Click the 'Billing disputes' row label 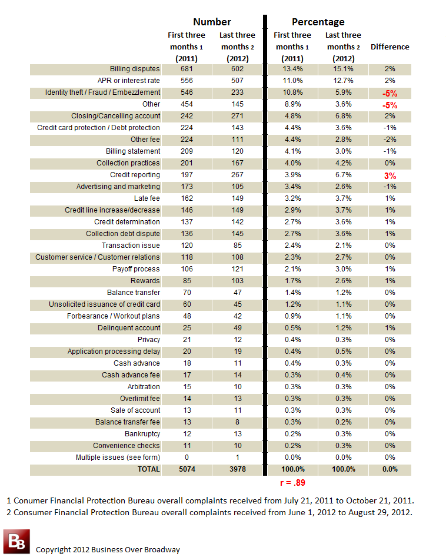(135, 69)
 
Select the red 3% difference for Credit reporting (390, 176)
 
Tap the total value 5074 (187, 469)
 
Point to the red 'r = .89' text (292, 483)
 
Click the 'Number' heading (212, 22)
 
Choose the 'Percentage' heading (318, 22)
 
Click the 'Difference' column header (390, 47)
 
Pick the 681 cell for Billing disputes (187, 69)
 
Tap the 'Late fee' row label (147, 198)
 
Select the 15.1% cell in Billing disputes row (344, 69)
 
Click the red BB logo (16, 542)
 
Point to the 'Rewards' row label (145, 281)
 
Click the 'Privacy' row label (149, 340)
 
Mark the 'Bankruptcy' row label (142, 434)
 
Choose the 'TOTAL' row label (149, 469)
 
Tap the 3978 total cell (238, 469)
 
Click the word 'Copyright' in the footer (53, 549)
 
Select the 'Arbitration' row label (144, 386)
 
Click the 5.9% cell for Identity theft (344, 92)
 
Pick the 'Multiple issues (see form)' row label (118, 457)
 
